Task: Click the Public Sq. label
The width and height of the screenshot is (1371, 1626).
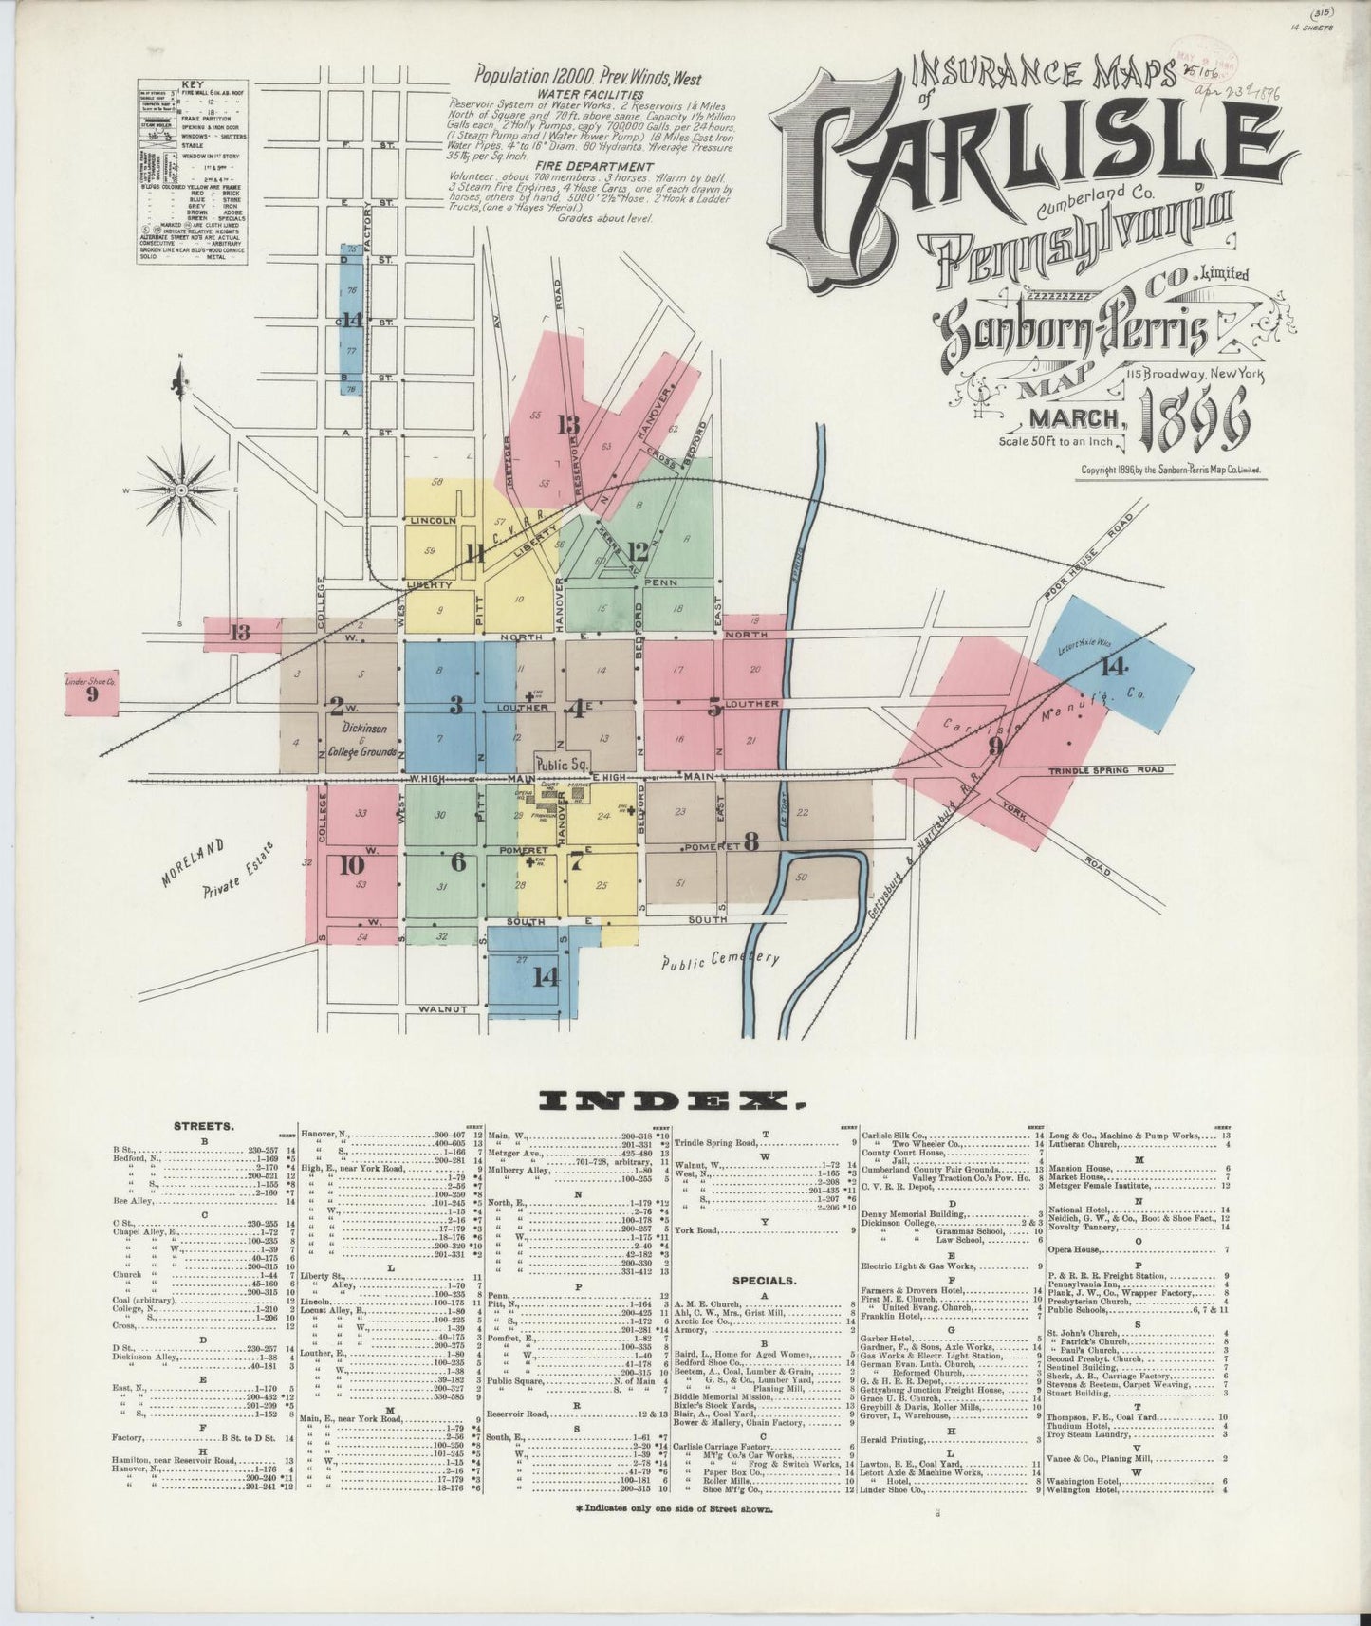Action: click(562, 763)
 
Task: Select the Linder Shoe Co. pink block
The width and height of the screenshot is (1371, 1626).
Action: click(91, 692)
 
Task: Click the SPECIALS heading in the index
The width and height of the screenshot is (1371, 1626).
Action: click(764, 1280)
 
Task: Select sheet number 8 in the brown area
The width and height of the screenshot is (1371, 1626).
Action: click(751, 840)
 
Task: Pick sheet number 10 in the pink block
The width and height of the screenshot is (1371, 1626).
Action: click(351, 865)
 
